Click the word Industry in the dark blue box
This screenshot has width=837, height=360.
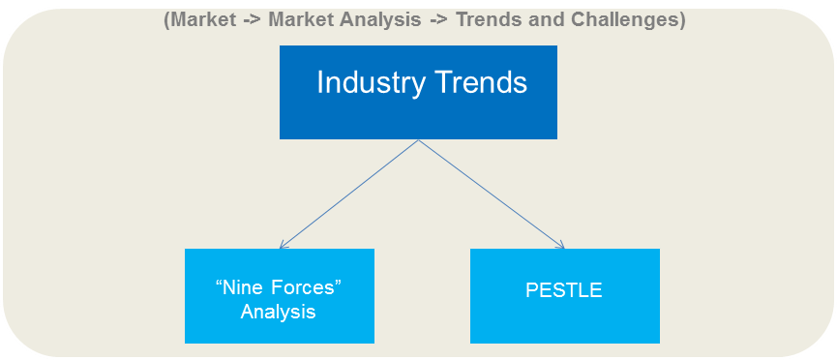coord(363,83)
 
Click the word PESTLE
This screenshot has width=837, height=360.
coord(565,290)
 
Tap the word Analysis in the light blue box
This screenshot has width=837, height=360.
coord(279,313)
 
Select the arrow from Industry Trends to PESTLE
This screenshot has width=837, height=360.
coord(492,195)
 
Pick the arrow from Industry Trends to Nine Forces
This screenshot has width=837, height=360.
coord(348,194)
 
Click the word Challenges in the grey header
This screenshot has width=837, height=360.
coord(634,20)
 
